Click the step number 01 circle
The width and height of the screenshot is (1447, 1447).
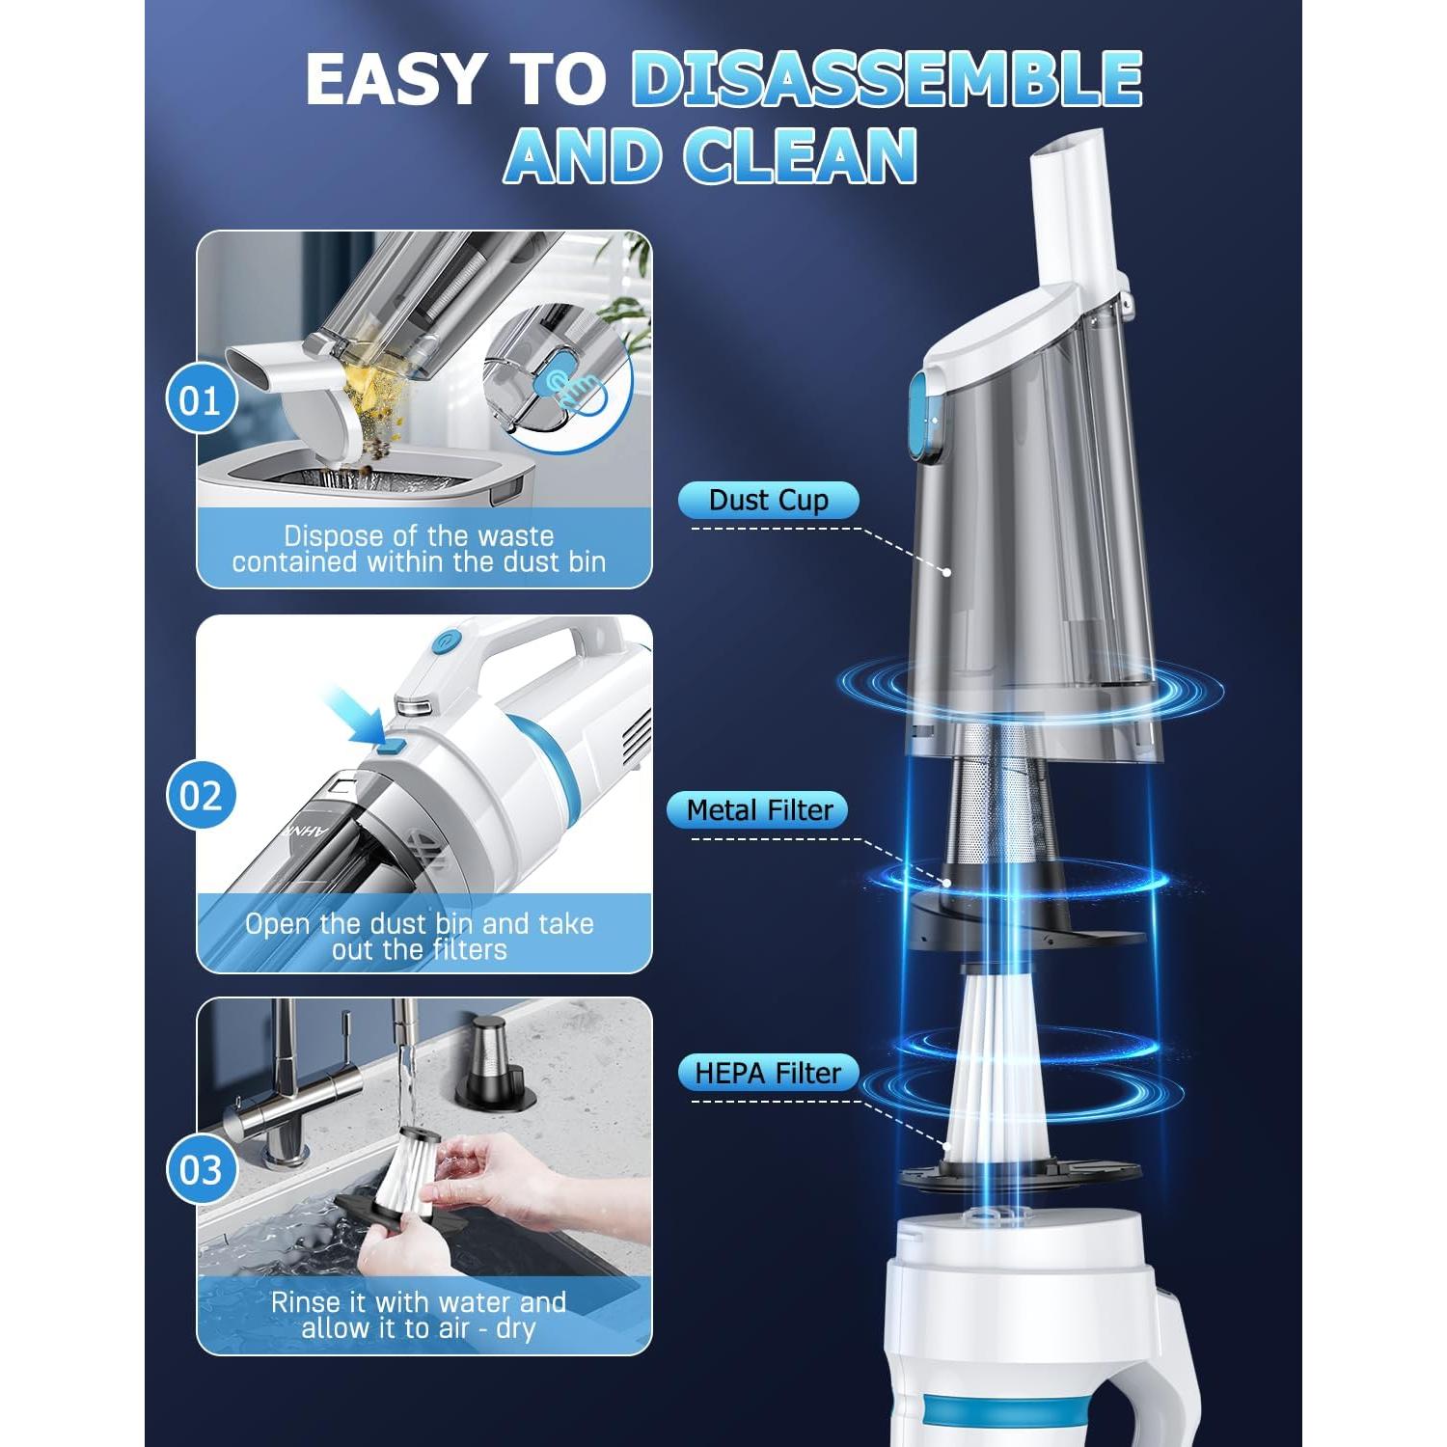point(201,400)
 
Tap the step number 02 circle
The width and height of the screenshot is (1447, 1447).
point(201,796)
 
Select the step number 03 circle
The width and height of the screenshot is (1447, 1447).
point(201,1170)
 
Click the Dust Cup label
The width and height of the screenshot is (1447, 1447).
point(768,500)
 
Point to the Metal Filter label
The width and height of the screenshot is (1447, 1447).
point(758,810)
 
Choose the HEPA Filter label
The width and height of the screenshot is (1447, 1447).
point(768,1073)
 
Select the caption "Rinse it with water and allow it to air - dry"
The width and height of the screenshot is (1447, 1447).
point(419,1315)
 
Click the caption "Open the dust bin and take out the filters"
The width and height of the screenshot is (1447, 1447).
point(419,937)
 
